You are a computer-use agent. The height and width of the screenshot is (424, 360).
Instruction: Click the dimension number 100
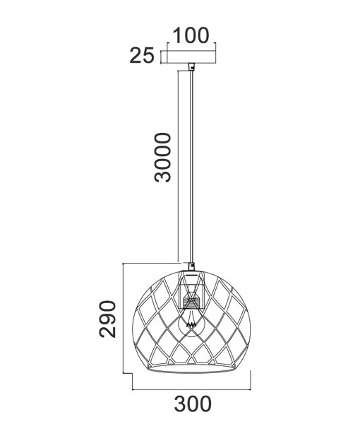(191, 35)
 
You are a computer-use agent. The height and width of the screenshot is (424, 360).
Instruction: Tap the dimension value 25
(142, 57)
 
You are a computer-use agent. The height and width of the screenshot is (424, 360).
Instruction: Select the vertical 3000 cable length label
(163, 157)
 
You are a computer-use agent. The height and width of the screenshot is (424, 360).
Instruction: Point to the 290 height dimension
(107, 319)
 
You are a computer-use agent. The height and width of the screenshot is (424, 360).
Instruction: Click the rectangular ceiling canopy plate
(191, 58)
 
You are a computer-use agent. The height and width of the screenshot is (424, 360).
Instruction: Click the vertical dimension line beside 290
(125, 318)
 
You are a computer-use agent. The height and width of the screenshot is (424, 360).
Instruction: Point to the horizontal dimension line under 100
(191, 47)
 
